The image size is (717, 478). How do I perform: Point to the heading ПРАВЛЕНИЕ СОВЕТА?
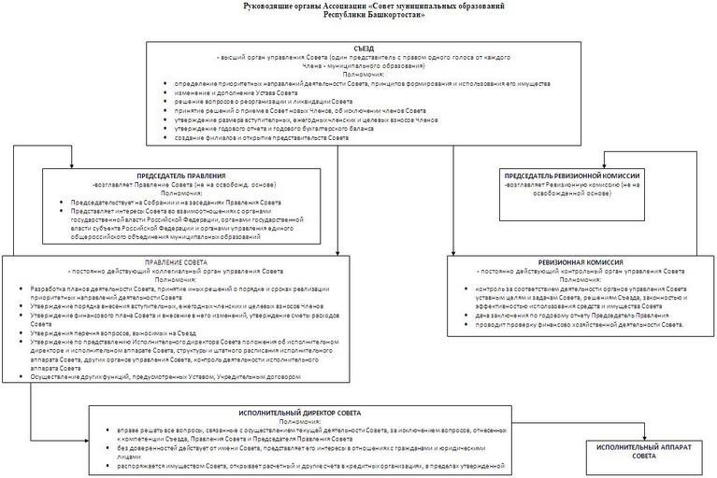(168, 262)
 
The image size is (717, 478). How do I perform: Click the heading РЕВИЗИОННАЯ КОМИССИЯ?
(580, 262)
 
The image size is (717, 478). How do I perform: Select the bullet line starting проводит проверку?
(580, 323)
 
